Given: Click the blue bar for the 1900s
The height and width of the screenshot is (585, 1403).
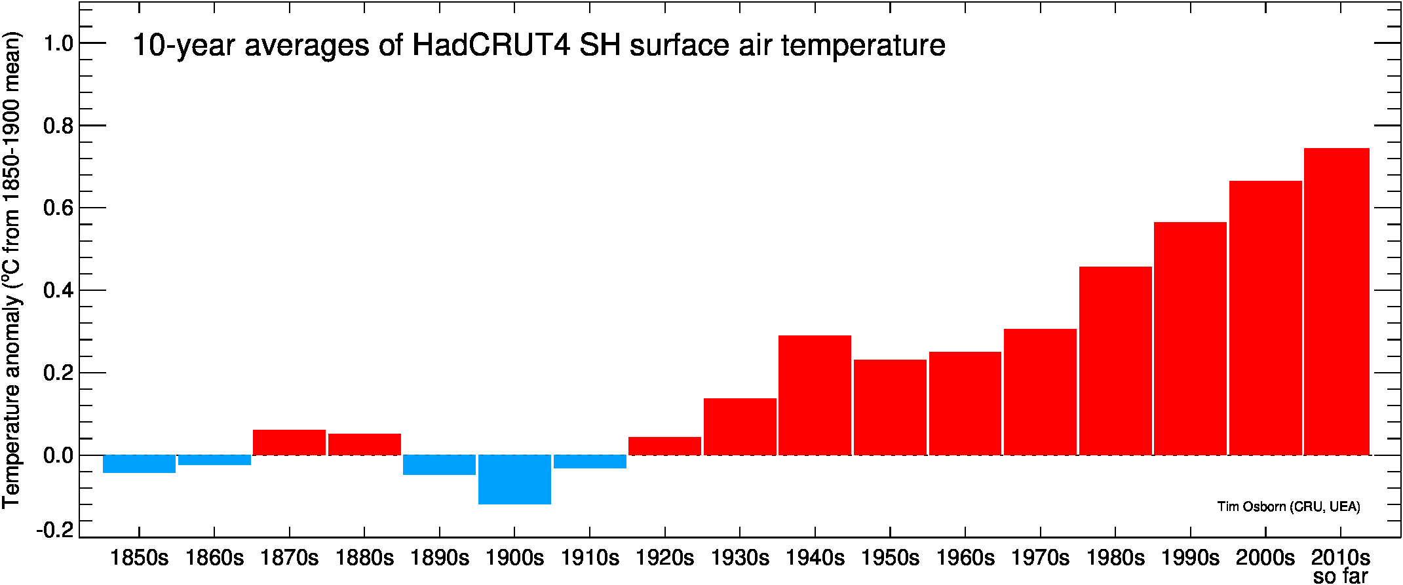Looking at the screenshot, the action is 514,480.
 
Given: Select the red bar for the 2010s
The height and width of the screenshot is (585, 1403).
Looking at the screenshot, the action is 1337,301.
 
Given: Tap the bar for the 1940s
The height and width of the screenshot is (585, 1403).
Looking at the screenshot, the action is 815,395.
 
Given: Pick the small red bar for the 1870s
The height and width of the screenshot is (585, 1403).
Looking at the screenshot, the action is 289,442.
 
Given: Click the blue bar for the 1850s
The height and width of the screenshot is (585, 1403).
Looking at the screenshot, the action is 139,464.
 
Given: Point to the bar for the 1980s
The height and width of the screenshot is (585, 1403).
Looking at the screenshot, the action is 1115,361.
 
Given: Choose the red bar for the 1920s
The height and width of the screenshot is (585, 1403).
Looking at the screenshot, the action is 664,446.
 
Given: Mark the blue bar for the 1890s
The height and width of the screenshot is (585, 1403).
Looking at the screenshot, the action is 439,465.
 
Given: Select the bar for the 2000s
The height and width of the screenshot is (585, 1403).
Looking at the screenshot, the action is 1265,318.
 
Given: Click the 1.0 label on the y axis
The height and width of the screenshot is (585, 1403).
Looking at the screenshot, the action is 58,44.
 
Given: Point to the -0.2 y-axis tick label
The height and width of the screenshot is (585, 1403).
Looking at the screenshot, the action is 55,529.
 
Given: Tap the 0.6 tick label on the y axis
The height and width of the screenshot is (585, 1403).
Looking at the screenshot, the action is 58,208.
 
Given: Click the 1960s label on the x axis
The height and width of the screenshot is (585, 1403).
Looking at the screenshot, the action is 965,558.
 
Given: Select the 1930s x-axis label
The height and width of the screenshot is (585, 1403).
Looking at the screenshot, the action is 740,558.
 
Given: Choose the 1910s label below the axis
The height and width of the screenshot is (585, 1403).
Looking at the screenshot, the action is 590,558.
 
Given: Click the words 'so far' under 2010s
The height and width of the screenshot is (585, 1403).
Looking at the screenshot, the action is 1341,576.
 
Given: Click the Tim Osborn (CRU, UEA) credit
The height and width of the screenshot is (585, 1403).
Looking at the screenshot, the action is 1288,507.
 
